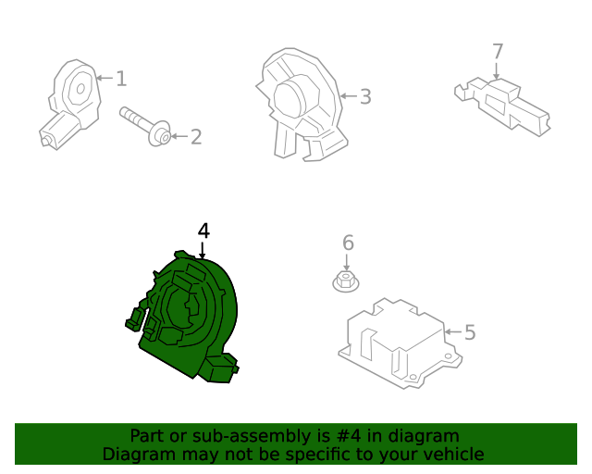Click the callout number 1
click(121, 79)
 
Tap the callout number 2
click(195, 137)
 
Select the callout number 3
click(365, 96)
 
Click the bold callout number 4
click(203, 231)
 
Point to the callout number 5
click(470, 331)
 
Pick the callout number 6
click(348, 243)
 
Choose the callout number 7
click(497, 51)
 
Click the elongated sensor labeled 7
click(504, 102)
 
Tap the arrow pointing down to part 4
click(203, 250)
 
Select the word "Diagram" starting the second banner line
click(134, 454)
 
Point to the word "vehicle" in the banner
click(451, 454)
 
